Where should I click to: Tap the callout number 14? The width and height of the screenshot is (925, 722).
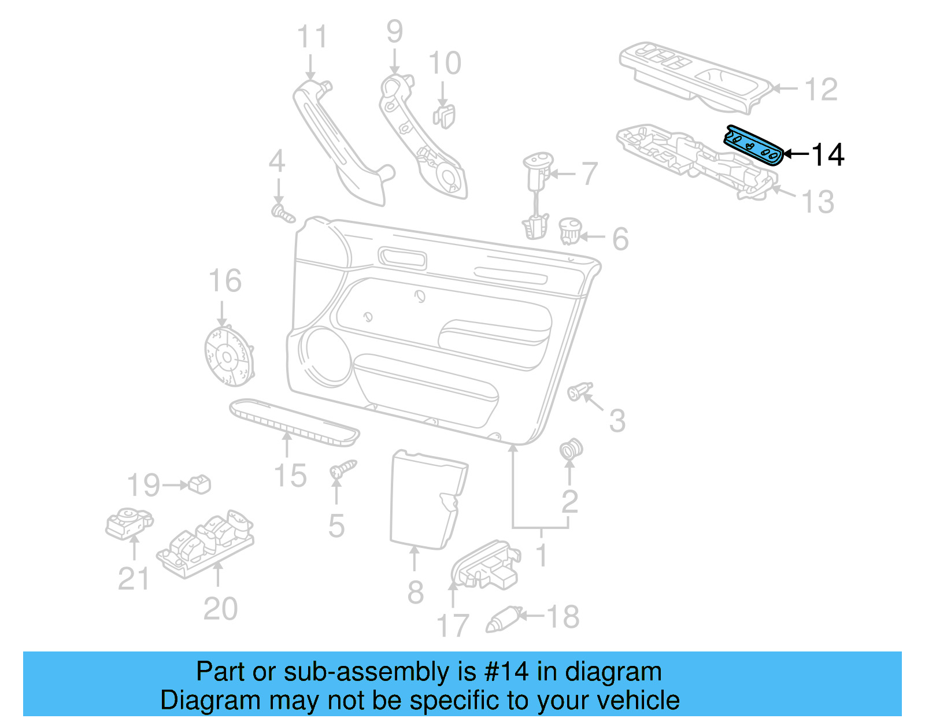pos(828,155)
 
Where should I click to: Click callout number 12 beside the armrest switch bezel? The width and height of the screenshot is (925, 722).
pos(820,90)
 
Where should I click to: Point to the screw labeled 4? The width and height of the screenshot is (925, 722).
pos(283,213)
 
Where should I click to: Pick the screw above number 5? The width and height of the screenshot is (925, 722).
pos(343,469)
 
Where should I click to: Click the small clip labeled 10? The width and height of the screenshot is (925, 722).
pos(444,114)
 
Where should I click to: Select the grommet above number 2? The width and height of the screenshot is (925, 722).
pos(571,449)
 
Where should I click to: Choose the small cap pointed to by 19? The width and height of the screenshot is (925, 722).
pos(200,484)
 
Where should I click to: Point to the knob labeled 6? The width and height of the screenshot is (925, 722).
pos(569,230)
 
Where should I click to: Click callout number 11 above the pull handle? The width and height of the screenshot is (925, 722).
pos(312,37)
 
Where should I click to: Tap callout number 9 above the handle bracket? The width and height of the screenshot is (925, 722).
pos(394,31)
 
